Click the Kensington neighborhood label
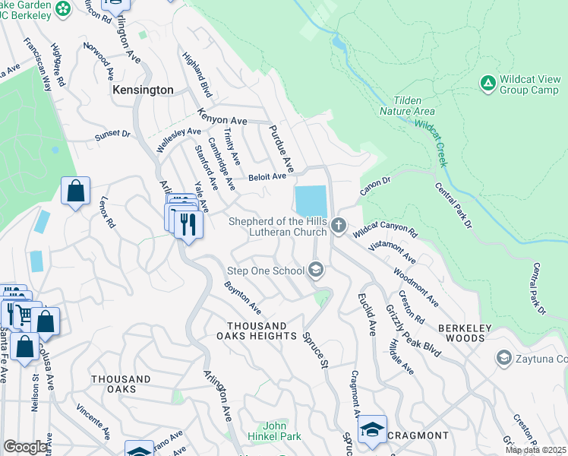[x=143, y=90]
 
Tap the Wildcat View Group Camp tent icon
[x=488, y=81]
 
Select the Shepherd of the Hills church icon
[x=339, y=226]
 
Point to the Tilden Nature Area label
[x=408, y=106]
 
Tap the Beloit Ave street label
[x=267, y=177]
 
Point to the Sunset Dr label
[x=112, y=135]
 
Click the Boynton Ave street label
[x=242, y=299]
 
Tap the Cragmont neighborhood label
[x=417, y=435]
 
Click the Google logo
[x=26, y=447]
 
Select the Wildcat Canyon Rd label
[x=386, y=228]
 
